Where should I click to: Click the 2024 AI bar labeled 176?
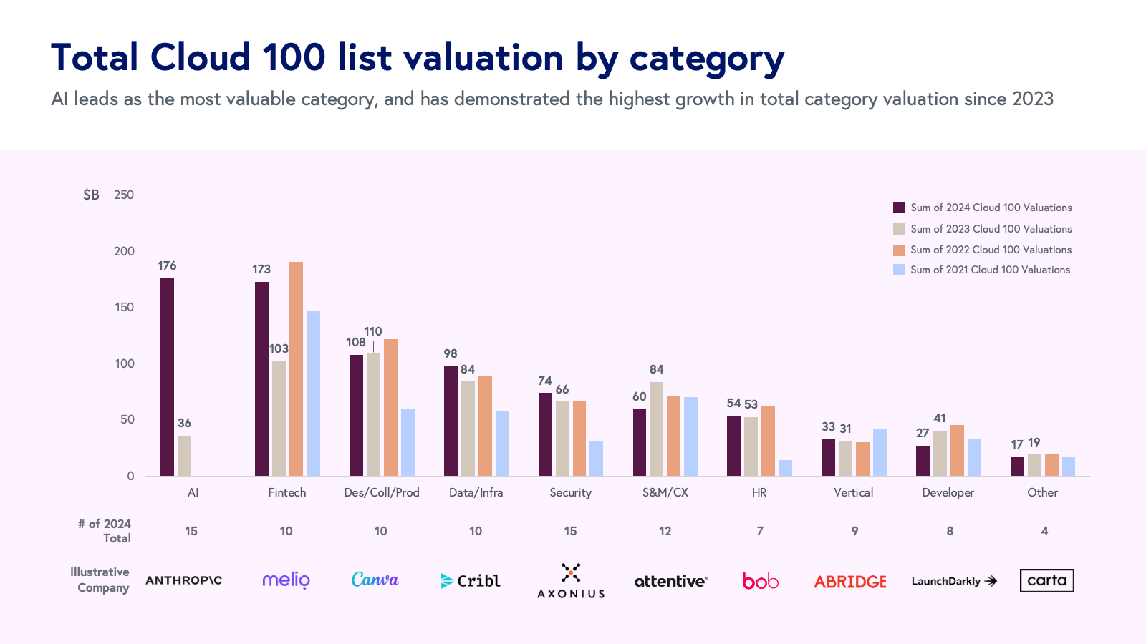tap(167, 377)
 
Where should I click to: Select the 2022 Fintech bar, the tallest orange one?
tap(296, 369)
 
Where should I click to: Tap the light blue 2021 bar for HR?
tap(785, 468)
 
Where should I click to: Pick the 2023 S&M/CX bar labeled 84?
tap(656, 429)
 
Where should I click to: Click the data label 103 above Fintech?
tap(279, 349)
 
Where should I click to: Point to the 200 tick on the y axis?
tap(124, 251)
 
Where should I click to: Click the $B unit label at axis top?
tap(91, 195)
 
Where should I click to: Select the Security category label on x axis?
tap(570, 492)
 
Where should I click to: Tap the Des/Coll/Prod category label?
tap(381, 492)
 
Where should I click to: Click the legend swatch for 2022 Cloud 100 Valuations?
tap(899, 250)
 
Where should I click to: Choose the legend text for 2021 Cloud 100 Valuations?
tap(990, 270)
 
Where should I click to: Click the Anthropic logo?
tap(183, 580)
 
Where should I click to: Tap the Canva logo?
tap(375, 580)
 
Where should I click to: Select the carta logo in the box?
tap(1046, 580)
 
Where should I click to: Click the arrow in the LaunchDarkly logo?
tap(991, 581)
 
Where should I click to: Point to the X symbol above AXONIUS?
tap(571, 572)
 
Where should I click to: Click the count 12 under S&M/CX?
tap(665, 531)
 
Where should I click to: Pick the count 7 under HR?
tap(760, 531)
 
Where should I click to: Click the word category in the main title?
tap(707, 59)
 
